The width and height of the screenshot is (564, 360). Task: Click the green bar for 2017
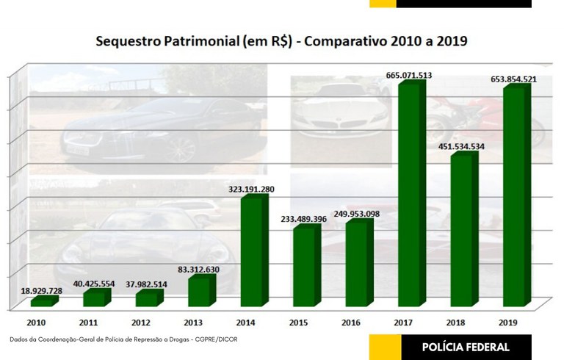click(x=409, y=195)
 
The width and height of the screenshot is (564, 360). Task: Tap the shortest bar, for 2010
click(x=42, y=301)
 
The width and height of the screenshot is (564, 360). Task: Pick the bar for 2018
click(x=462, y=231)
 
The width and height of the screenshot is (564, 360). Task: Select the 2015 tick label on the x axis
click(x=300, y=322)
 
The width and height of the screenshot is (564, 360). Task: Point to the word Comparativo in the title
click(x=343, y=42)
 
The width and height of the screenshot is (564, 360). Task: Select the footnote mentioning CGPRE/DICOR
click(x=124, y=339)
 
